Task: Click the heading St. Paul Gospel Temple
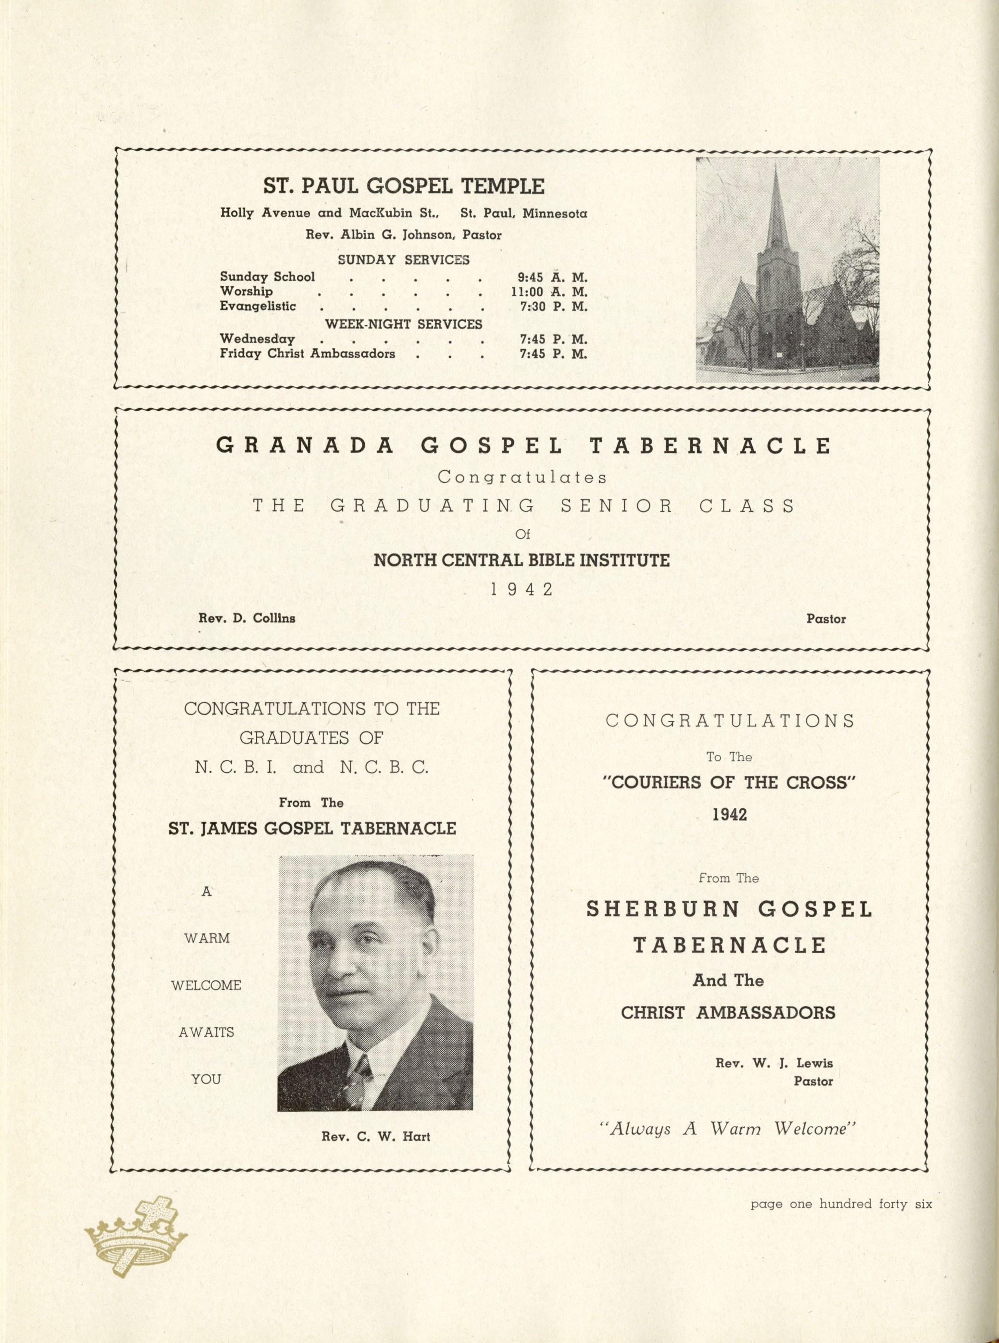403,186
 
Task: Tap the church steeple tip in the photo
775,169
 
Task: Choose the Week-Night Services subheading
403,324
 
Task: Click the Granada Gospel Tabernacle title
523,446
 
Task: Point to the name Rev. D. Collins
247,618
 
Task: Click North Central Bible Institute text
521,560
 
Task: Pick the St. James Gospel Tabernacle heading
312,828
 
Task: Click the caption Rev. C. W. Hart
376,1137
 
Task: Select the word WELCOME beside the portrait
206,985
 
